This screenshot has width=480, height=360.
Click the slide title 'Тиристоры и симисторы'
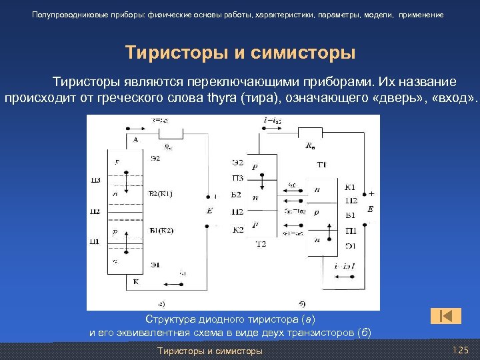240,53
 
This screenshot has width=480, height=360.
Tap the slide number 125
461,350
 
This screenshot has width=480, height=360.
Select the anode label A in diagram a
135,139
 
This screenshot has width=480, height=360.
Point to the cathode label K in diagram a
136,281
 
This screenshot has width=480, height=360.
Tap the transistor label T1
321,164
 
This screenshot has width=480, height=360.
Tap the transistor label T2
261,244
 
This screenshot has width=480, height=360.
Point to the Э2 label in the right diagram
237,163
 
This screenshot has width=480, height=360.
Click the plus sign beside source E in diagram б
371,193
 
